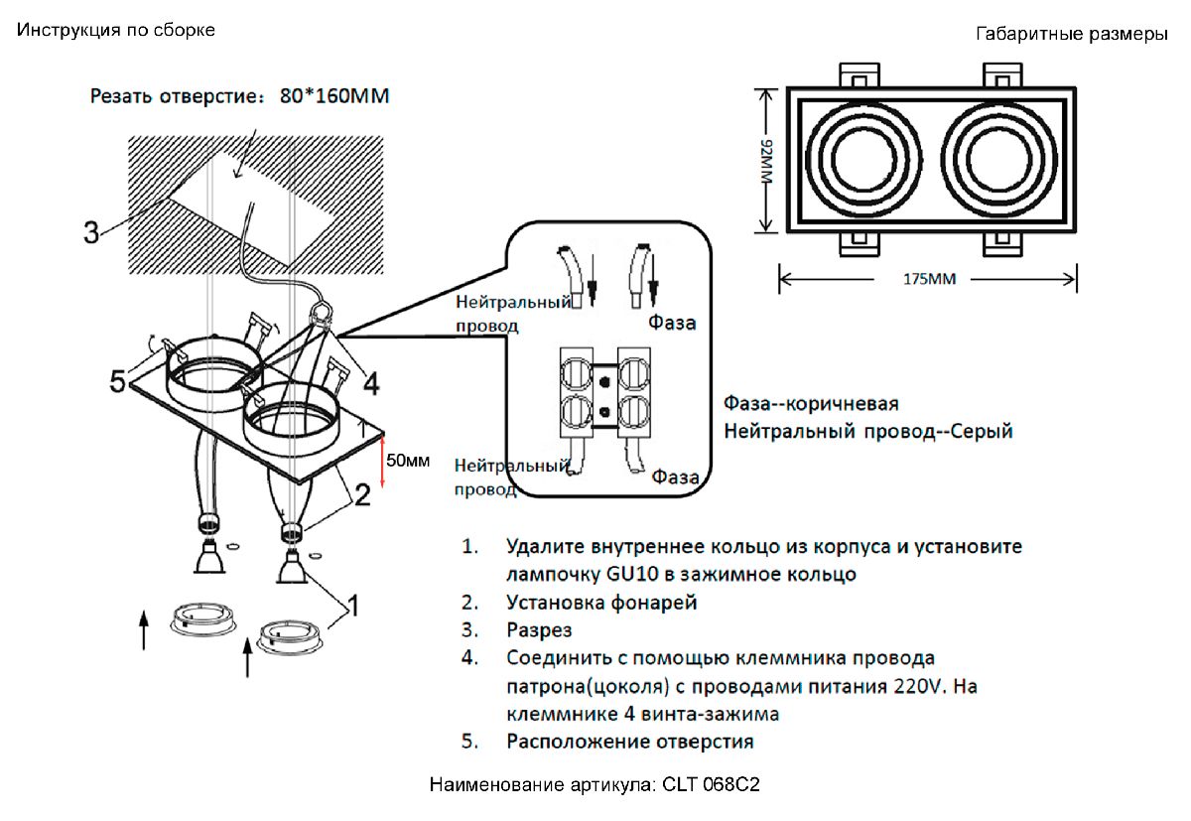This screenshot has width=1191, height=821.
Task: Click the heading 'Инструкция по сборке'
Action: (x=115, y=30)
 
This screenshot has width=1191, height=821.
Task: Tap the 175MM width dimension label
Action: (x=928, y=280)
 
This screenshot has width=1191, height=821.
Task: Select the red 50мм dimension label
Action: (x=408, y=461)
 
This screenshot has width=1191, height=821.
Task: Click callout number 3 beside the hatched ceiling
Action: (x=90, y=233)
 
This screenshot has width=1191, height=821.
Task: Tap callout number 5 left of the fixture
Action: (x=118, y=381)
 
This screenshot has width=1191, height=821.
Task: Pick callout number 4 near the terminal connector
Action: (x=371, y=380)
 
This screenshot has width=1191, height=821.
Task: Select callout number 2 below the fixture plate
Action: (x=363, y=493)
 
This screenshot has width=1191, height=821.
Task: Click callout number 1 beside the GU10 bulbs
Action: (x=351, y=603)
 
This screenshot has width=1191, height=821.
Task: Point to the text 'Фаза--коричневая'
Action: (x=811, y=404)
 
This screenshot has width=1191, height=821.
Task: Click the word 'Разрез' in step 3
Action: (x=539, y=629)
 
